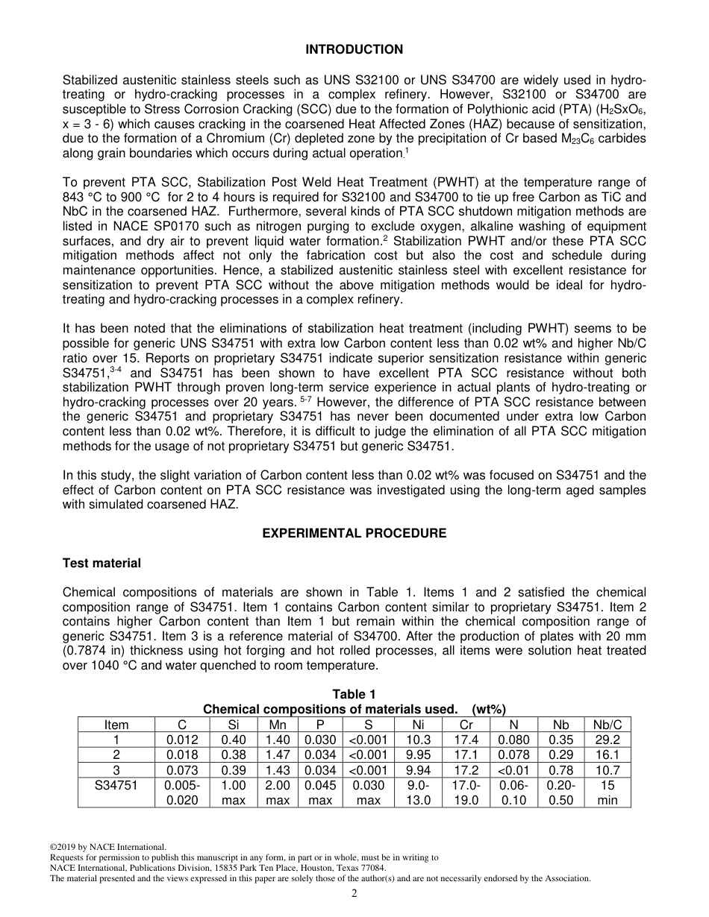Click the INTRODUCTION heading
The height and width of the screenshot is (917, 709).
pos(354,50)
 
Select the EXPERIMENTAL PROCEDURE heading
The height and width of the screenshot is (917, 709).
pos(354,534)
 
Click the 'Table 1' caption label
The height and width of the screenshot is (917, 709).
pos(354,695)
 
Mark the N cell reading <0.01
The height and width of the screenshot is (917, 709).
pos(513,770)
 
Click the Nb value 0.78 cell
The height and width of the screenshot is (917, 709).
pos(561,770)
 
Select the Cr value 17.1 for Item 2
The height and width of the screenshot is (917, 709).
pos(466,755)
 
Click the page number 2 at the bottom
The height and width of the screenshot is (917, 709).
pos(354,894)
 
